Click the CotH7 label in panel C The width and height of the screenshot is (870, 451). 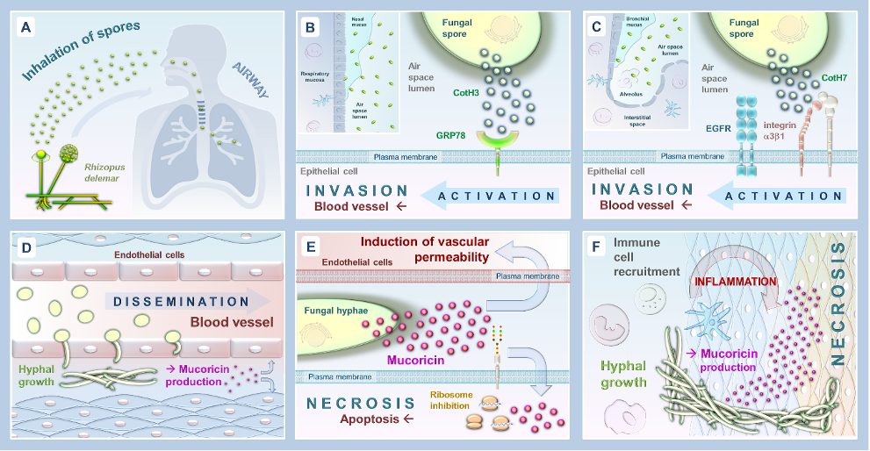(x=832, y=79)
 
